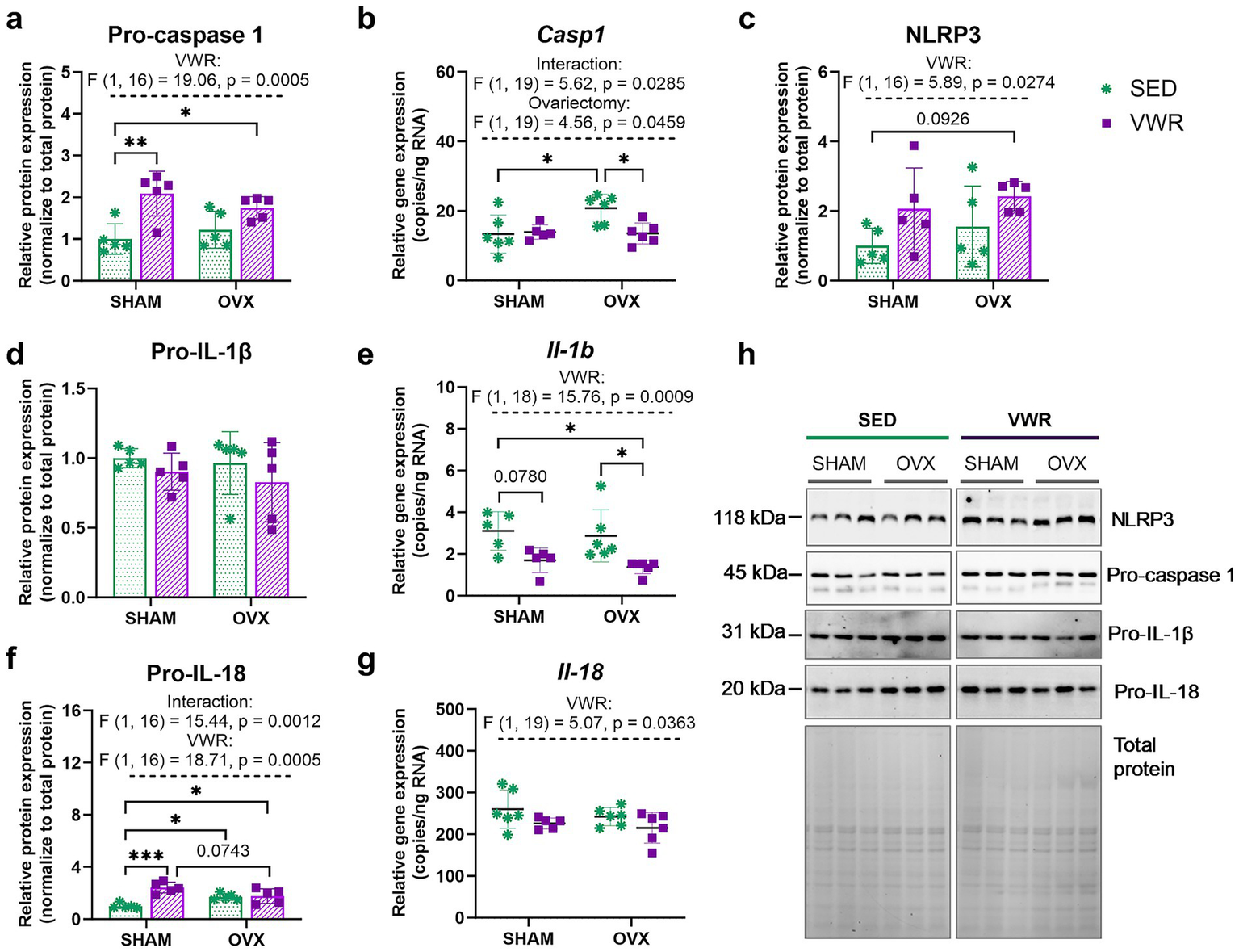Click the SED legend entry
tap(1153, 89)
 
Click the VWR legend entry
tap(1156, 123)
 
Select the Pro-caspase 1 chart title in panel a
tap(185, 35)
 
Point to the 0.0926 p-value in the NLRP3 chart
tap(942, 119)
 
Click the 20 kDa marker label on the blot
tap(752, 689)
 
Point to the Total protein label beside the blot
tap(1143, 757)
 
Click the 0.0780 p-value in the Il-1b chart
tap(521, 477)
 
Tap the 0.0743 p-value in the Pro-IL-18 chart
tap(223, 851)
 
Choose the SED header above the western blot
tap(877, 420)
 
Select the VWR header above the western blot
tap(1029, 420)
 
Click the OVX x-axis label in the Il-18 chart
tap(631, 939)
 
